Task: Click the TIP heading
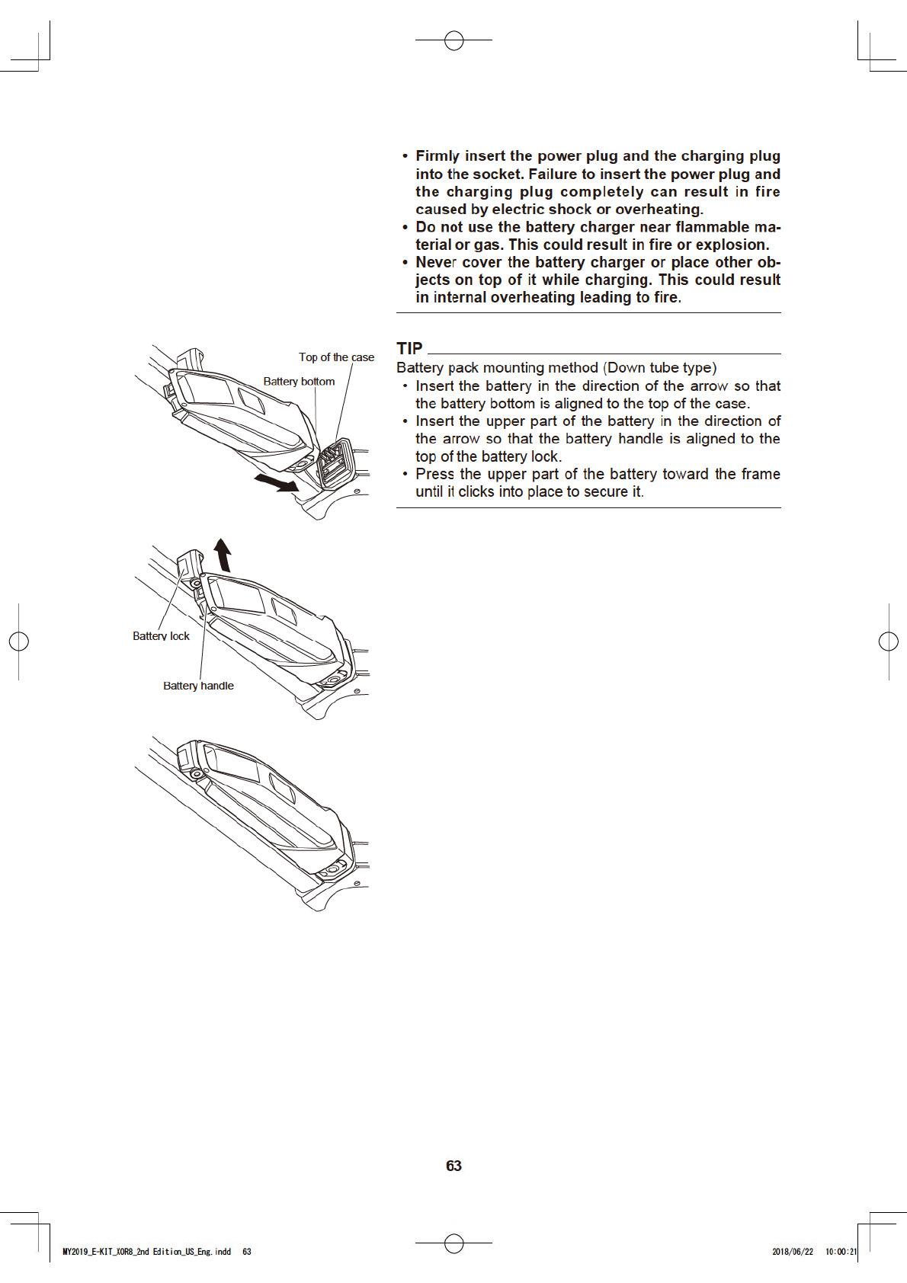[409, 349]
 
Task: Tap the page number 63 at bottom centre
[453, 1166]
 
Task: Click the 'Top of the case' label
[336, 357]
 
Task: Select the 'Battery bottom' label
[299, 382]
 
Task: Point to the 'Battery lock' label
[161, 636]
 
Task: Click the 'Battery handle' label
[198, 686]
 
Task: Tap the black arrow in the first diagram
[276, 482]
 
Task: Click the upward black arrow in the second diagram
[223, 555]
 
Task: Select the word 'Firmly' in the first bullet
[437, 156]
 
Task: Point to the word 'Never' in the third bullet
[436, 262]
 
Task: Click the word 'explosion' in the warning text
[731, 245]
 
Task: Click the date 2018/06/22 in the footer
[793, 1252]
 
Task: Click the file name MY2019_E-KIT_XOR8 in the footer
[99, 1252]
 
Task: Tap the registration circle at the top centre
[453, 40]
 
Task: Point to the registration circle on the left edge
[18, 641]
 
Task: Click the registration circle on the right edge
[889, 641]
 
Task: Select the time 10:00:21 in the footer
[841, 1252]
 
